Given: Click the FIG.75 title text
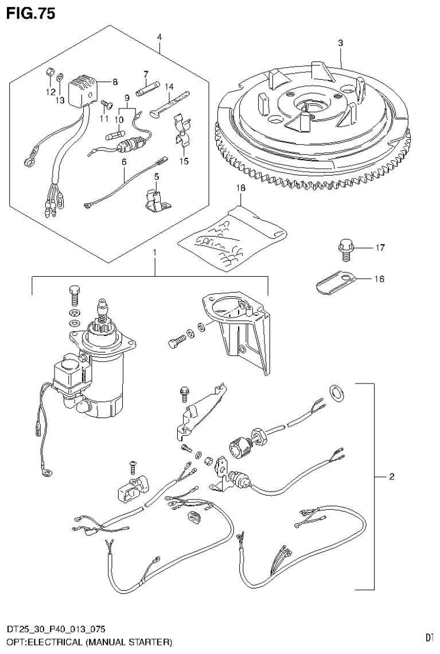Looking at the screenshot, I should (x=31, y=14).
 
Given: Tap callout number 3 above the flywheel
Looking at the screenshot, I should (x=340, y=43).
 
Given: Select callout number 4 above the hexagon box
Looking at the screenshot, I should (x=159, y=37).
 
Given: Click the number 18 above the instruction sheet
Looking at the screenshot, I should (x=240, y=188).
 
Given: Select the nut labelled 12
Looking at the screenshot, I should (x=50, y=72).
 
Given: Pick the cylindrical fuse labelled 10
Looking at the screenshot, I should (x=114, y=137).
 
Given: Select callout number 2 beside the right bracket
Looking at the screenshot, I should (x=391, y=476).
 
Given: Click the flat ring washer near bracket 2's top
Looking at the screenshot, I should (x=336, y=392).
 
